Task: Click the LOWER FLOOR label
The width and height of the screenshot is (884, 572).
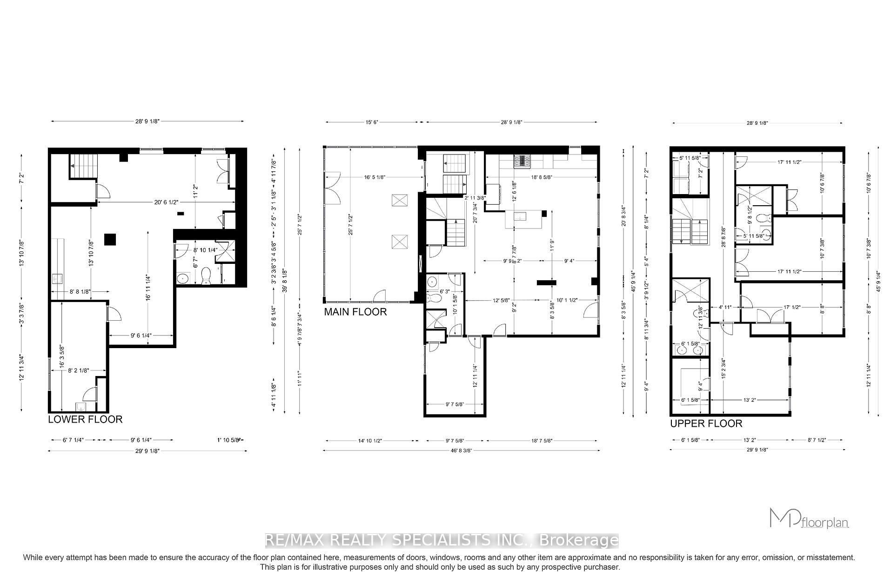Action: click(x=85, y=419)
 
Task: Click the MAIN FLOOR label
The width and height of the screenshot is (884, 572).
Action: click(x=355, y=312)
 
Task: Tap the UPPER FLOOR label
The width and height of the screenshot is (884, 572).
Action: click(x=706, y=424)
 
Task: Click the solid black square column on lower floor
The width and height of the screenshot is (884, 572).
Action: click(x=110, y=239)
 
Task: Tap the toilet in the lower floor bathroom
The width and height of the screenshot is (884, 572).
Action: click(x=206, y=277)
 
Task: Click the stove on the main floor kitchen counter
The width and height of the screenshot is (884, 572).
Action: click(x=522, y=161)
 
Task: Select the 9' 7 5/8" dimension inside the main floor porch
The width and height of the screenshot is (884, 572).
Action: click(x=454, y=404)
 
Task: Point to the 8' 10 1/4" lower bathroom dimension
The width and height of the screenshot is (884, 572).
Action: click(x=205, y=250)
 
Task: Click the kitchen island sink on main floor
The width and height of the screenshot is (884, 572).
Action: click(x=519, y=216)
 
